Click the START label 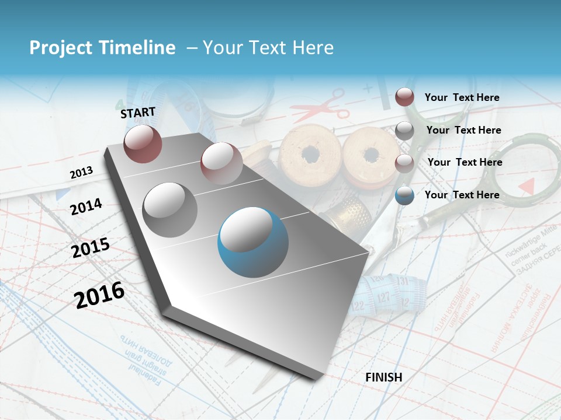[x=138, y=112]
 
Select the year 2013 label [x=81, y=173]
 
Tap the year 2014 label [x=86, y=206]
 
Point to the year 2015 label [x=91, y=248]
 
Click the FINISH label [x=384, y=377]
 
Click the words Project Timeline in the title [x=102, y=48]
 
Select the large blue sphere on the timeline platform [x=252, y=242]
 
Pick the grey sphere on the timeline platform [x=170, y=209]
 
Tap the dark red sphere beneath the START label [x=143, y=143]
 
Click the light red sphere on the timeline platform [x=221, y=163]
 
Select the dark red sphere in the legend [x=404, y=97]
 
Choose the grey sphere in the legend [x=404, y=130]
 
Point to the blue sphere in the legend [x=404, y=195]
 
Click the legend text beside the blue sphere [x=462, y=195]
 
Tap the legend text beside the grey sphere [x=464, y=130]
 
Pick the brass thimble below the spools [x=350, y=213]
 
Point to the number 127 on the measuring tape [x=383, y=298]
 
